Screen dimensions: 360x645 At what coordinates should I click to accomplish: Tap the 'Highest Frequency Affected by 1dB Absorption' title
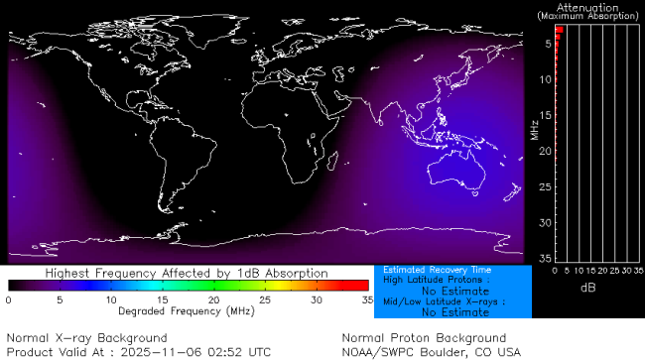[187, 273]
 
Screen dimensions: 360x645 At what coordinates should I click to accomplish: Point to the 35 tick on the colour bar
[365, 299]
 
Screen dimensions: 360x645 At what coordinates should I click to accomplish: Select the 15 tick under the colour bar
[162, 299]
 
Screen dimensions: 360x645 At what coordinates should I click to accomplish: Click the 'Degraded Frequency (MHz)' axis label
[187, 310]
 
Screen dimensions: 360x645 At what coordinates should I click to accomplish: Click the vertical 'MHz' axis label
[534, 129]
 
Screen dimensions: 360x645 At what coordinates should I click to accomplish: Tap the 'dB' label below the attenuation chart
[588, 288]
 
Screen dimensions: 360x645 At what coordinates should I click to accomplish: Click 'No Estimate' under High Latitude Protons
[454, 292]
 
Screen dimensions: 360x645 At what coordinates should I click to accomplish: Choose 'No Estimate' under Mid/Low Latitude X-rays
[454, 312]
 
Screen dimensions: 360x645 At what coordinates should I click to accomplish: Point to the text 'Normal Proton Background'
[423, 338]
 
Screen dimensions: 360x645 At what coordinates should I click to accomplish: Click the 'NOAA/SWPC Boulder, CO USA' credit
[430, 351]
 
